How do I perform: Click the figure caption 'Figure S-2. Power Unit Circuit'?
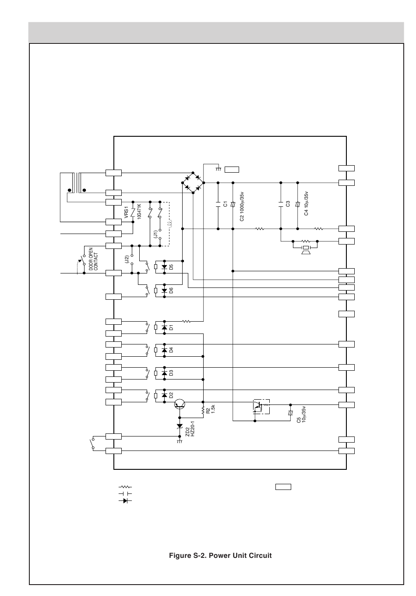tap(220, 556)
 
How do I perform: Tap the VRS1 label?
tap(127, 212)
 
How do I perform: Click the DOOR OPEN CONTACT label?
tap(93, 259)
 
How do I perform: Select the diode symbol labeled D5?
tap(164, 267)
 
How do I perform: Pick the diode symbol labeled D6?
tap(164, 291)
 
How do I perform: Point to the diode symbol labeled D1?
tap(164, 327)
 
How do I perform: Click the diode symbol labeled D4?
tap(164, 350)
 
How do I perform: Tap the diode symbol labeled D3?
tap(164, 373)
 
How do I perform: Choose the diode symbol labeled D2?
tap(164, 396)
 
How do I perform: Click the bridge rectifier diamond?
tap(193, 183)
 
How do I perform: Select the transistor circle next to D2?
tap(180, 404)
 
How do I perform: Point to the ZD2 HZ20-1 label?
tap(190, 429)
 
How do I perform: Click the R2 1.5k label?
tap(211, 409)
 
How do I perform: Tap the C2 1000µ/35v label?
tap(242, 206)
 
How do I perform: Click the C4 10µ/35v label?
tap(306, 203)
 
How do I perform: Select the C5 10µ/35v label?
tap(301, 414)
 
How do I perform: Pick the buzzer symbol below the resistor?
tap(306, 250)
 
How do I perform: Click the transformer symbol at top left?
tap(77, 183)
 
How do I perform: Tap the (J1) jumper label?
tap(155, 234)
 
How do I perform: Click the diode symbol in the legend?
tap(125, 500)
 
